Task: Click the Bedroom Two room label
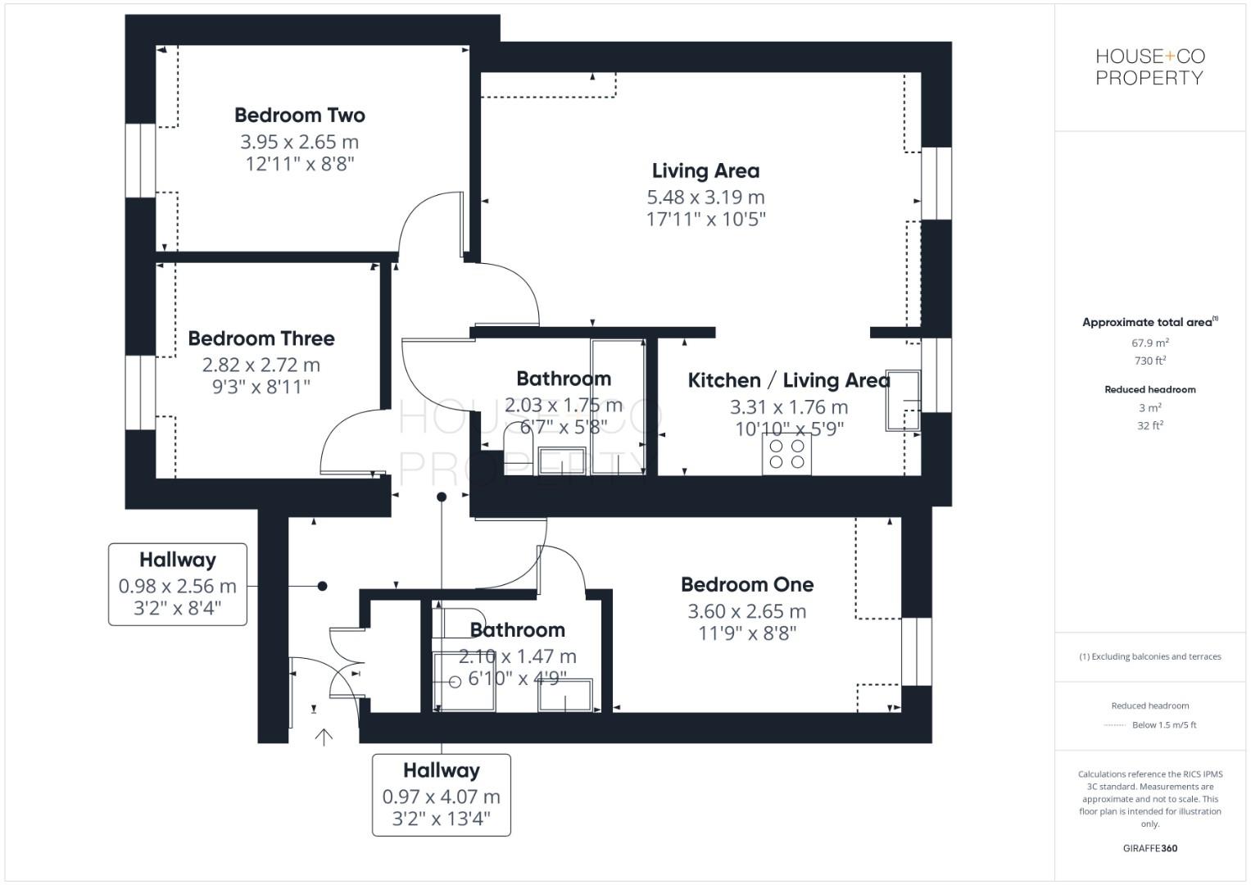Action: coord(300,116)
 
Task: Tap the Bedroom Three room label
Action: coord(261,338)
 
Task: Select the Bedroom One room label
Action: coord(747,585)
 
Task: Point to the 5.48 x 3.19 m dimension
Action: coord(705,197)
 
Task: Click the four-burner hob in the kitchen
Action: coord(786,454)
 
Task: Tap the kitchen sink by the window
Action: coord(903,401)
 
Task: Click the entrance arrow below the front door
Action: coord(324,737)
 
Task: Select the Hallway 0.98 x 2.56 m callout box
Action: coord(178,584)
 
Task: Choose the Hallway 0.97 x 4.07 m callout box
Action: coord(442,795)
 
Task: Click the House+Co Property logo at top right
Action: coord(1150,67)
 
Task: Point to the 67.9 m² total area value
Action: coord(1150,343)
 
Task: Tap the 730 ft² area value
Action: coord(1150,361)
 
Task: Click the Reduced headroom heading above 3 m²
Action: coord(1150,390)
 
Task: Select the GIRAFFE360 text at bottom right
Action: coord(1150,848)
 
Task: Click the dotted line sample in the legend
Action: coord(1115,725)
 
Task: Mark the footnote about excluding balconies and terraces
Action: coord(1150,656)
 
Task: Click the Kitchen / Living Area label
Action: coord(788,381)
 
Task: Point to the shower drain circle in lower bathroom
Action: coord(456,682)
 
